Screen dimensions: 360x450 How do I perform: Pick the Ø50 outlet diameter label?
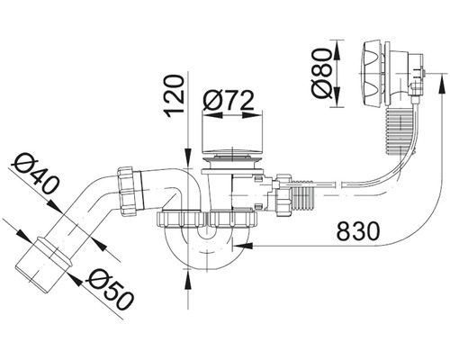104,287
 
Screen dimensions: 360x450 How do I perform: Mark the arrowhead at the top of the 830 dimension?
442,84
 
